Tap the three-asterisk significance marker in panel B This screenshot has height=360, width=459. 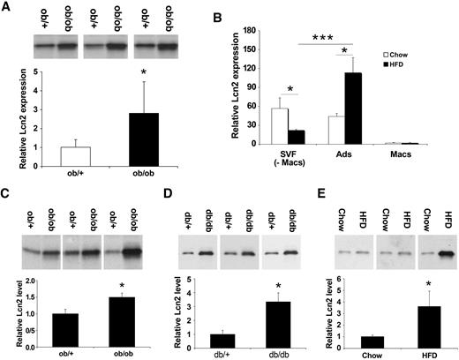(x=320, y=39)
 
